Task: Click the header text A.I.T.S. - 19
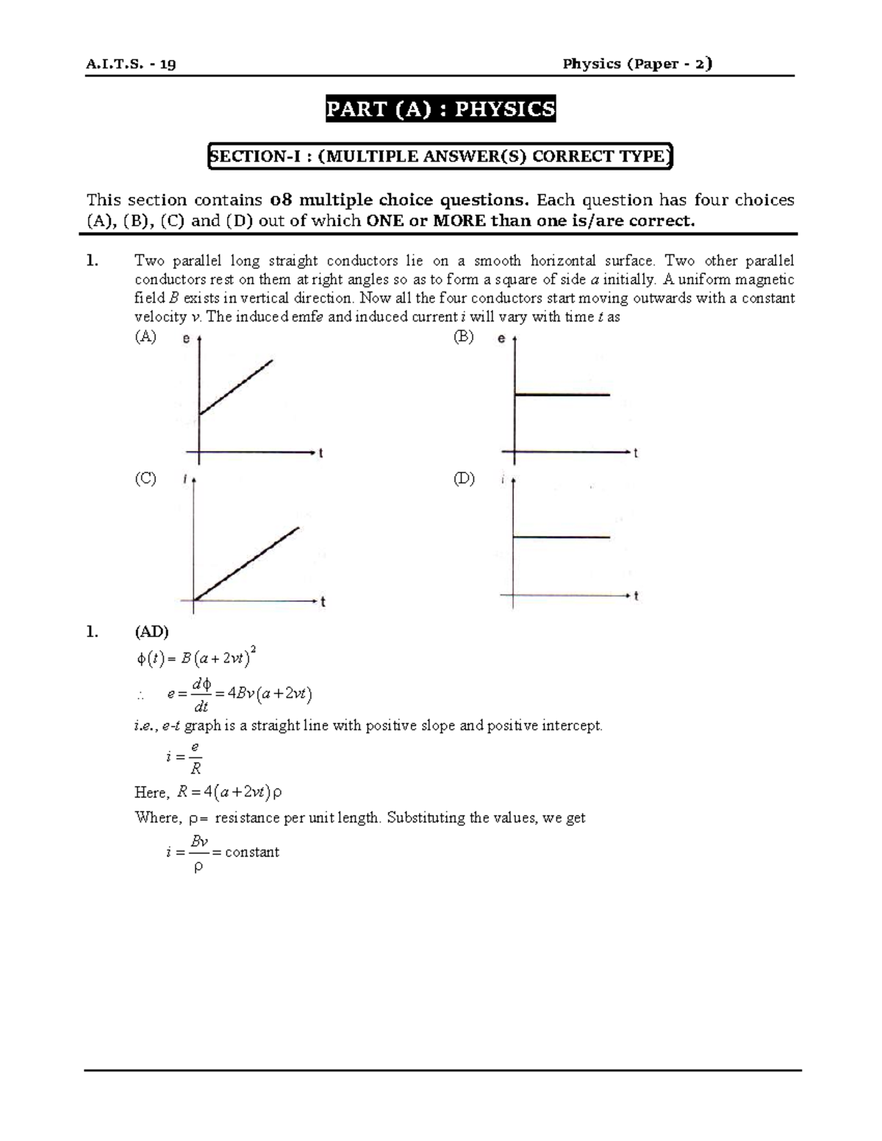(x=131, y=64)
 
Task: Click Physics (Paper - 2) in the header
(x=637, y=64)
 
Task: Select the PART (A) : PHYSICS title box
(x=441, y=109)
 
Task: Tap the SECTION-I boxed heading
(x=440, y=156)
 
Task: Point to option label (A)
(x=145, y=337)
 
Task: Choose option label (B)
(x=464, y=337)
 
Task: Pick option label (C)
(x=145, y=478)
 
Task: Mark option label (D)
(x=464, y=478)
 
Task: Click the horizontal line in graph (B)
(x=562, y=395)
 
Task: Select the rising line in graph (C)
(x=246, y=564)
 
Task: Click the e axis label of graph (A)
(x=187, y=339)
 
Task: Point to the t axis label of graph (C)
(x=323, y=602)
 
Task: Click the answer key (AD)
(x=151, y=631)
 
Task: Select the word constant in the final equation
(x=252, y=852)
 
